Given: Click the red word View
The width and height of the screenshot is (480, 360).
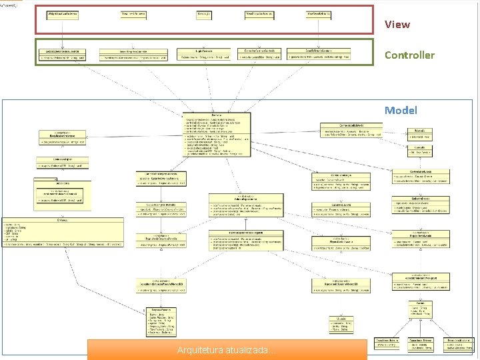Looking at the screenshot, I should [x=397, y=25].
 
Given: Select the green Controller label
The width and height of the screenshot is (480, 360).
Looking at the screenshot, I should [x=409, y=55].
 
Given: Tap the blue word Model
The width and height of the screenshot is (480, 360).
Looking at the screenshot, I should [x=401, y=110].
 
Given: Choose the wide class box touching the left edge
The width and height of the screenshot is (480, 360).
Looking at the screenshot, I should [x=61, y=233].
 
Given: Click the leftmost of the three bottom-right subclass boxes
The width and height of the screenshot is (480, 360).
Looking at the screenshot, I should [x=388, y=343].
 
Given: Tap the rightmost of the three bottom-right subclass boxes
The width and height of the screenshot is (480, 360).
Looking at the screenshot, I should [x=459, y=344].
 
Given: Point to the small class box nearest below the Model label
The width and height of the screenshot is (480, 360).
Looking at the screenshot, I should [x=419, y=133].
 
